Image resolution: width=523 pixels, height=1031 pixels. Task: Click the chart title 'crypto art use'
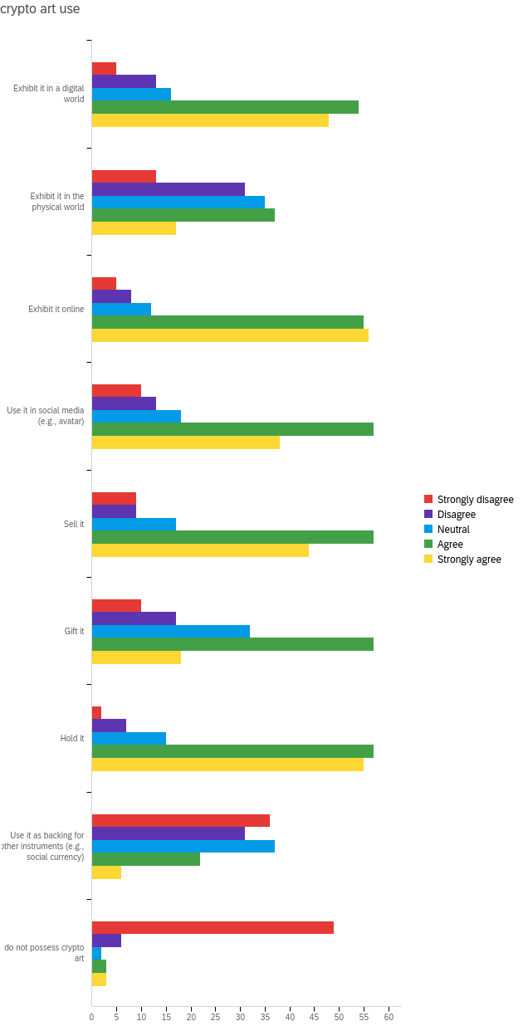pyautogui.click(x=40, y=9)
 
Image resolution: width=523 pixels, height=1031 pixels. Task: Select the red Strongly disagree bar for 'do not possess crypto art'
pyautogui.click(x=213, y=928)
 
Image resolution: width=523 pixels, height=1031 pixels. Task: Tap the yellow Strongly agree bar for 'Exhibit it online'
pyautogui.click(x=230, y=335)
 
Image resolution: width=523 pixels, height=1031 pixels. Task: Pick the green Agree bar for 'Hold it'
pyautogui.click(x=232, y=751)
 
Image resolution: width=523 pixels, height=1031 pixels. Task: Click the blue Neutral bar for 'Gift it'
pyautogui.click(x=170, y=631)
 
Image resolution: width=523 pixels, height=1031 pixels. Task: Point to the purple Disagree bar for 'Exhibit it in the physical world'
pyautogui.click(x=168, y=189)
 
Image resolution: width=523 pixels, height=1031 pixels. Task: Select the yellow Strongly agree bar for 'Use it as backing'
pyautogui.click(x=106, y=872)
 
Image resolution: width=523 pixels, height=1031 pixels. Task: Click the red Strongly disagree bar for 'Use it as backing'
pyautogui.click(x=180, y=820)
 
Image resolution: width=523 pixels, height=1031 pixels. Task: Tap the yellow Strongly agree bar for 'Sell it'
pyautogui.click(x=200, y=550)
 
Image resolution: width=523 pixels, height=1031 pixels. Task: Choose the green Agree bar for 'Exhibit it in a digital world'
pyautogui.click(x=225, y=107)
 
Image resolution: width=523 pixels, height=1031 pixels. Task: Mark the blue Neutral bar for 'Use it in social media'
pyautogui.click(x=136, y=417)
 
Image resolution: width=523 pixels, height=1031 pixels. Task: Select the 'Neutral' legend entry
pyautogui.click(x=453, y=530)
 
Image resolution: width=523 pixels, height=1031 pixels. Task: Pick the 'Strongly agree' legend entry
pyautogui.click(x=469, y=559)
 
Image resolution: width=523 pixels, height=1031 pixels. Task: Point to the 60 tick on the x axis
pyautogui.click(x=389, y=1017)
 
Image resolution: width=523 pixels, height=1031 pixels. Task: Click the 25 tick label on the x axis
pyautogui.click(x=216, y=1017)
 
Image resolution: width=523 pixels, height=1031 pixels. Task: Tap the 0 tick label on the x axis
pyautogui.click(x=92, y=1017)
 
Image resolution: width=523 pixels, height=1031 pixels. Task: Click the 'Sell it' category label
pyautogui.click(x=74, y=524)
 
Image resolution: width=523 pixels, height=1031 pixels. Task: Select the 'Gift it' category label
pyautogui.click(x=74, y=631)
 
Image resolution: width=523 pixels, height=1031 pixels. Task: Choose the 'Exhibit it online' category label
pyautogui.click(x=56, y=309)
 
